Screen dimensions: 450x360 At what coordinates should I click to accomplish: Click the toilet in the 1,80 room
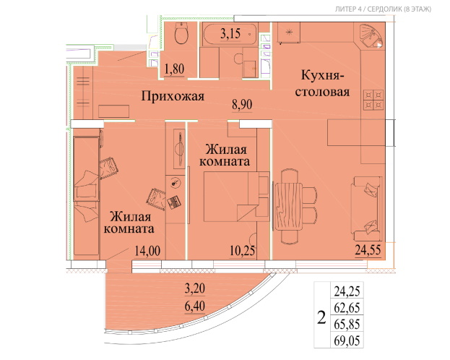tap(181, 33)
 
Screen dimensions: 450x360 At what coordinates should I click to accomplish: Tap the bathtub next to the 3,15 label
tap(230, 35)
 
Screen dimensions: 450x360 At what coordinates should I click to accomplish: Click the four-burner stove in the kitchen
tap(373, 100)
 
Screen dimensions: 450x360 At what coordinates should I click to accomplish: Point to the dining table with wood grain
tap(288, 206)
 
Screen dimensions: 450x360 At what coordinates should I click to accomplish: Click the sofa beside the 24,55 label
tap(367, 208)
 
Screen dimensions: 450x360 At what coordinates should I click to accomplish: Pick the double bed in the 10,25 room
tap(236, 197)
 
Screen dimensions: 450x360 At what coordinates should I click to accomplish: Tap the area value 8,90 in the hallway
tap(242, 105)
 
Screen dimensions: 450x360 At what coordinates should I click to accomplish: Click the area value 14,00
tap(147, 251)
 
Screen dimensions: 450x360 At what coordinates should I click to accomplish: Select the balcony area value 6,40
tap(195, 306)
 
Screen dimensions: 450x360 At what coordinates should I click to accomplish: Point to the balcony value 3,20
tap(195, 288)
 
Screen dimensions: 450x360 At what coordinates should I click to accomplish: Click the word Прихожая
tap(173, 96)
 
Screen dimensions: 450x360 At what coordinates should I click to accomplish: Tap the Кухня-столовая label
tap(323, 84)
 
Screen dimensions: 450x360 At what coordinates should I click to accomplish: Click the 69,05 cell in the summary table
tap(347, 340)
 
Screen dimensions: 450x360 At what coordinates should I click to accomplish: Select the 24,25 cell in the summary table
tap(347, 291)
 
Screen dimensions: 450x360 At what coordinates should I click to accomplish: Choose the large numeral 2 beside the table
tap(321, 317)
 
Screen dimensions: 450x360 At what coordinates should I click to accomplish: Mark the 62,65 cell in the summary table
tap(347, 308)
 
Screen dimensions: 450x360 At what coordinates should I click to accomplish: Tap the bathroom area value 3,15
tap(230, 34)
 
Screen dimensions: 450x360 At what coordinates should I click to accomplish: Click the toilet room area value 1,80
tap(174, 69)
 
